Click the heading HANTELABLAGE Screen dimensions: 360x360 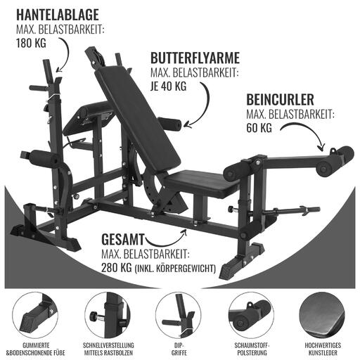point(58,15)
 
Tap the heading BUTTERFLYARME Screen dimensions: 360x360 point(195,58)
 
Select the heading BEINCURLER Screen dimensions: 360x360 point(280,100)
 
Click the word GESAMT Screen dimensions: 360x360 point(123,240)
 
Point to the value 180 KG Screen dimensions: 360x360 point(31,43)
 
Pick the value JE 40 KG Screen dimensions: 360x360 point(169,86)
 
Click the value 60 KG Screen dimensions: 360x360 point(259,128)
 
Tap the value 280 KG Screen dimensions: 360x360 point(117,268)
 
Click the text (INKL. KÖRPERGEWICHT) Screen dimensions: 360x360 point(175,269)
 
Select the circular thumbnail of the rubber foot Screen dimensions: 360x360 point(35,315)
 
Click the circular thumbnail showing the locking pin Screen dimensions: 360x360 point(108,315)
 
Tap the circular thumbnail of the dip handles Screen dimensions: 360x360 point(179,315)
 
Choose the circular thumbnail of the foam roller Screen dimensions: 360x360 point(251,315)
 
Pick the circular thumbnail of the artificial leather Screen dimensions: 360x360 point(323,315)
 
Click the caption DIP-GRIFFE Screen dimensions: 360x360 point(179,349)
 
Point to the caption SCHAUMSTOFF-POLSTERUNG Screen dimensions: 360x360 point(252,349)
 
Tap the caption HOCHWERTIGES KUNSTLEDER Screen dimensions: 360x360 point(323,349)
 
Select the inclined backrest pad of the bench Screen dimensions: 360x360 point(138,117)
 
